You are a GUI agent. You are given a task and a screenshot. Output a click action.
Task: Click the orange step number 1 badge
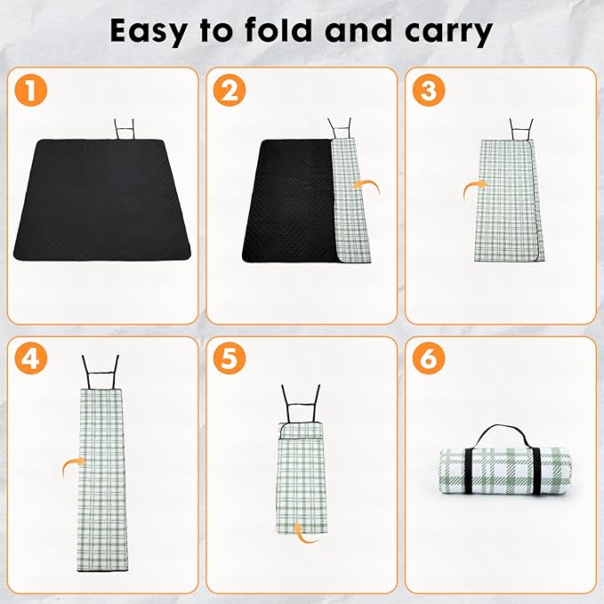(x=31, y=90)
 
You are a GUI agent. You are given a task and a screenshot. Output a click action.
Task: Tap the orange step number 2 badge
(x=230, y=90)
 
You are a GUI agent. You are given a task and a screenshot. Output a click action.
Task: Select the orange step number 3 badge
(x=429, y=90)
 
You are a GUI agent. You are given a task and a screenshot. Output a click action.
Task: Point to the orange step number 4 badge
(x=31, y=358)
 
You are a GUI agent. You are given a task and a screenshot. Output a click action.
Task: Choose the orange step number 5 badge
(x=230, y=358)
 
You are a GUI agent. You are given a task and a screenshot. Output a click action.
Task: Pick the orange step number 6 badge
(x=429, y=358)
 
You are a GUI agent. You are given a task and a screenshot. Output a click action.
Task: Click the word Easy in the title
(x=149, y=32)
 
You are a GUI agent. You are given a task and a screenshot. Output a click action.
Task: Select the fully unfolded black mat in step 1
(x=102, y=199)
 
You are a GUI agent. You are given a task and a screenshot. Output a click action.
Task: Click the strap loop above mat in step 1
(x=124, y=129)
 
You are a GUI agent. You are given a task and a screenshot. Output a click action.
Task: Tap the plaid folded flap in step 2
(x=351, y=200)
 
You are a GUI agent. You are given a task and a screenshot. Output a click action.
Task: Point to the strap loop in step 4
(x=101, y=372)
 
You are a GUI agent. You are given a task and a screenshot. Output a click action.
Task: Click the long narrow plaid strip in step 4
(x=102, y=480)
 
